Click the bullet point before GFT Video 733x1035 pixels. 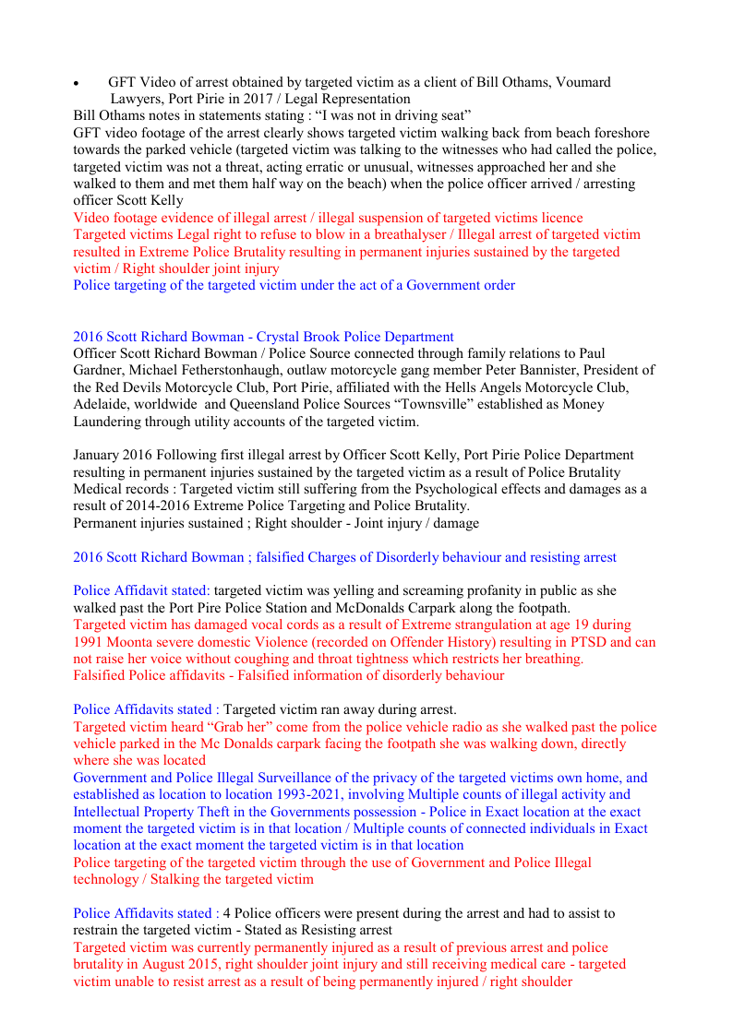click(77, 84)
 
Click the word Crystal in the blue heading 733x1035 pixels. click(291, 337)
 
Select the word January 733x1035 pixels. click(99, 455)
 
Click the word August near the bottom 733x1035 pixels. click(163, 964)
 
